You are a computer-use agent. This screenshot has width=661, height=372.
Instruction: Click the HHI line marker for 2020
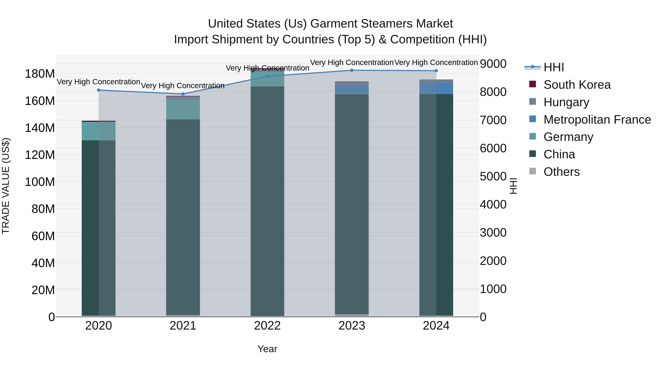(99, 90)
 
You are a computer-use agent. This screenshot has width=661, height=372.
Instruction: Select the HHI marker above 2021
(183, 94)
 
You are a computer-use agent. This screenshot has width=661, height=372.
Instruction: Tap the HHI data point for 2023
(352, 70)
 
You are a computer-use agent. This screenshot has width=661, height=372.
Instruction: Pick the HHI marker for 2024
(436, 71)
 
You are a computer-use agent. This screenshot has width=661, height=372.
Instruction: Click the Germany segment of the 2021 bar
(183, 109)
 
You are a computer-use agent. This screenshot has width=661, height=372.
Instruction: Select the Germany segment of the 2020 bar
(99, 131)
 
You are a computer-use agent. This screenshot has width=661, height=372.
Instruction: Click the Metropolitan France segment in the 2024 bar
(436, 88)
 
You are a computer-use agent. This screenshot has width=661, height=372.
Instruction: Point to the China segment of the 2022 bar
(267, 200)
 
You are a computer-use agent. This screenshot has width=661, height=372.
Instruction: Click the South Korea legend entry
(577, 85)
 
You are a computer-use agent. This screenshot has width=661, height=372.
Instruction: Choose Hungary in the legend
(566, 102)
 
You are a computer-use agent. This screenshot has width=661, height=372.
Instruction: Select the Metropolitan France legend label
(597, 120)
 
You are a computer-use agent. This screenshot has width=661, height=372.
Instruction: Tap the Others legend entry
(561, 172)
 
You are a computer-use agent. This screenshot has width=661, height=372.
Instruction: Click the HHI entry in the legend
(553, 67)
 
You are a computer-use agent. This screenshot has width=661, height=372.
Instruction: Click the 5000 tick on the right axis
(493, 177)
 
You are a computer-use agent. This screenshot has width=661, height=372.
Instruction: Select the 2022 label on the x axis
(267, 326)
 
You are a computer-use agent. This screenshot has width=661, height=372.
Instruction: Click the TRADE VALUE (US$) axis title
(6, 186)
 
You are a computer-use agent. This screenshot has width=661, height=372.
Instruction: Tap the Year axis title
(267, 349)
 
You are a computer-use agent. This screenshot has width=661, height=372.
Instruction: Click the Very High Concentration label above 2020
(99, 82)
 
